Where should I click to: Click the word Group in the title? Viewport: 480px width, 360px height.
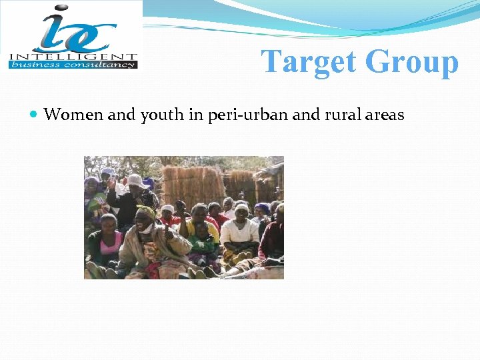point(411,62)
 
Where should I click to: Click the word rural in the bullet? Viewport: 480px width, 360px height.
point(344,115)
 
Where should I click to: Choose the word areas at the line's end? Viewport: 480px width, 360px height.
point(385,115)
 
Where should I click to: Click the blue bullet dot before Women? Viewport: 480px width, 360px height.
point(35,115)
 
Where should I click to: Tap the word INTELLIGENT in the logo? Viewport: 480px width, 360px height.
point(73,57)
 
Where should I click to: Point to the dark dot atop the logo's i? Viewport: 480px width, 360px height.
point(59,10)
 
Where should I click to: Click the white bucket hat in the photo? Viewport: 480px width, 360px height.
point(136,181)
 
